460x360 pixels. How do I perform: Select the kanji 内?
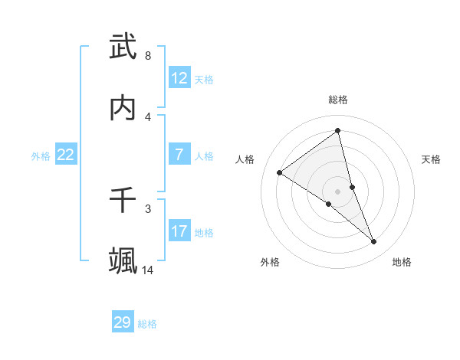click(x=123, y=108)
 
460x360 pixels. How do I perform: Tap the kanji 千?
click(x=123, y=200)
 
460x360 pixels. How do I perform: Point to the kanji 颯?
click(x=123, y=260)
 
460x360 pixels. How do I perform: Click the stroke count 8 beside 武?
click(x=147, y=56)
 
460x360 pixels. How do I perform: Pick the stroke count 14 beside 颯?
click(x=148, y=270)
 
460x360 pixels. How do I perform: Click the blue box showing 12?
click(x=179, y=78)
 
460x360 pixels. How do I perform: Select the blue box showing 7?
click(x=179, y=155)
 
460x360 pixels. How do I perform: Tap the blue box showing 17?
click(x=179, y=231)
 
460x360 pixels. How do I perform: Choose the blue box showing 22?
click(x=66, y=155)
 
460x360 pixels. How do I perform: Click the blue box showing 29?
click(x=123, y=322)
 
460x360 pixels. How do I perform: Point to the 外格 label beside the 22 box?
click(x=41, y=156)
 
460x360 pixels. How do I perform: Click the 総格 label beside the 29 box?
click(x=148, y=324)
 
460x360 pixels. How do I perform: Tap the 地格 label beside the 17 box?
click(x=204, y=233)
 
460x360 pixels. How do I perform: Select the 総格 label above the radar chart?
click(x=338, y=100)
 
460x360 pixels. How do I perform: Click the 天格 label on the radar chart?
click(x=431, y=159)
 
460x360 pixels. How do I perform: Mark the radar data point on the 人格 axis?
click(x=279, y=172)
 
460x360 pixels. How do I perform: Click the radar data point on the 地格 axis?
click(x=374, y=242)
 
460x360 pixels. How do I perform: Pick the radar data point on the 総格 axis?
click(x=338, y=130)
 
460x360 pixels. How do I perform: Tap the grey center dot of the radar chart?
click(x=338, y=191)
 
